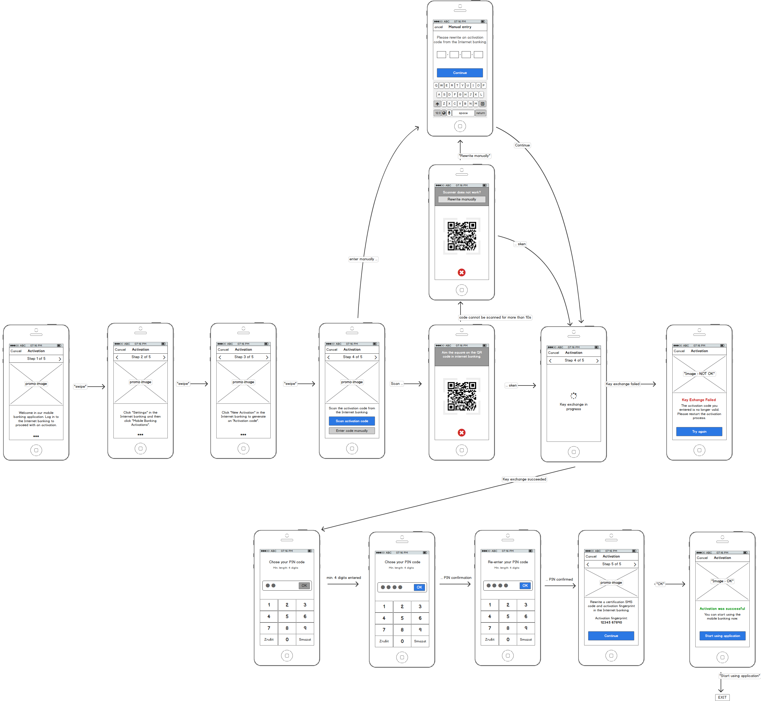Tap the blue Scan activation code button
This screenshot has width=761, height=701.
tap(352, 421)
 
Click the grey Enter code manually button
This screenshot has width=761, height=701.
tap(352, 430)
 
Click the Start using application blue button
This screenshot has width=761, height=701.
tap(722, 636)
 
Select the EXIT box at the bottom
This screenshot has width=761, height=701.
tap(722, 697)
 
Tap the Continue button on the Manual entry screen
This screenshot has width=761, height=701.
tap(460, 73)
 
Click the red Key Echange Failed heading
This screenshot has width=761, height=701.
tap(698, 399)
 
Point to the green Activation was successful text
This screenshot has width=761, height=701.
tap(722, 609)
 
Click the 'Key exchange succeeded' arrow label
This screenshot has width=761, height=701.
tap(524, 479)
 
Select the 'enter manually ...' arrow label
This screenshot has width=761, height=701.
tap(363, 259)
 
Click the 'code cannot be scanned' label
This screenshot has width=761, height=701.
tap(495, 317)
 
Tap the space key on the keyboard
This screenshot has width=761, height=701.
tap(463, 113)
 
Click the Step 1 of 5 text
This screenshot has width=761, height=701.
tap(36, 358)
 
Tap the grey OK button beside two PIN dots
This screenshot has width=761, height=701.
tap(304, 585)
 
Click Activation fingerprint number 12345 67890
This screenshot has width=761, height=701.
tap(611, 622)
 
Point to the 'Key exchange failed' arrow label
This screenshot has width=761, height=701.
tap(622, 384)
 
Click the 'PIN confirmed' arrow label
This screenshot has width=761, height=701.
tap(560, 579)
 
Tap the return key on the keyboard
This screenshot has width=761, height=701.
tap(480, 113)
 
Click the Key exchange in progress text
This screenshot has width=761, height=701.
tap(573, 407)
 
